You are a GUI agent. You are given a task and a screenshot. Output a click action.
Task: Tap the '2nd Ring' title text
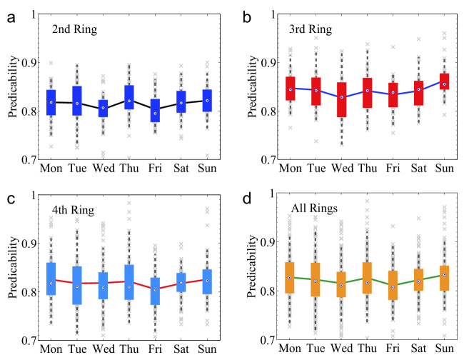pos(74,30)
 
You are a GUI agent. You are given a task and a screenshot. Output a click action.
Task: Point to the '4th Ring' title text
pos(74,209)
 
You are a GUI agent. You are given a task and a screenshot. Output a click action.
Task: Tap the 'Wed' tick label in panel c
pos(104,349)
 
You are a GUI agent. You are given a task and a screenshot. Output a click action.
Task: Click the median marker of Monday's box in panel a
pos(51,102)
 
